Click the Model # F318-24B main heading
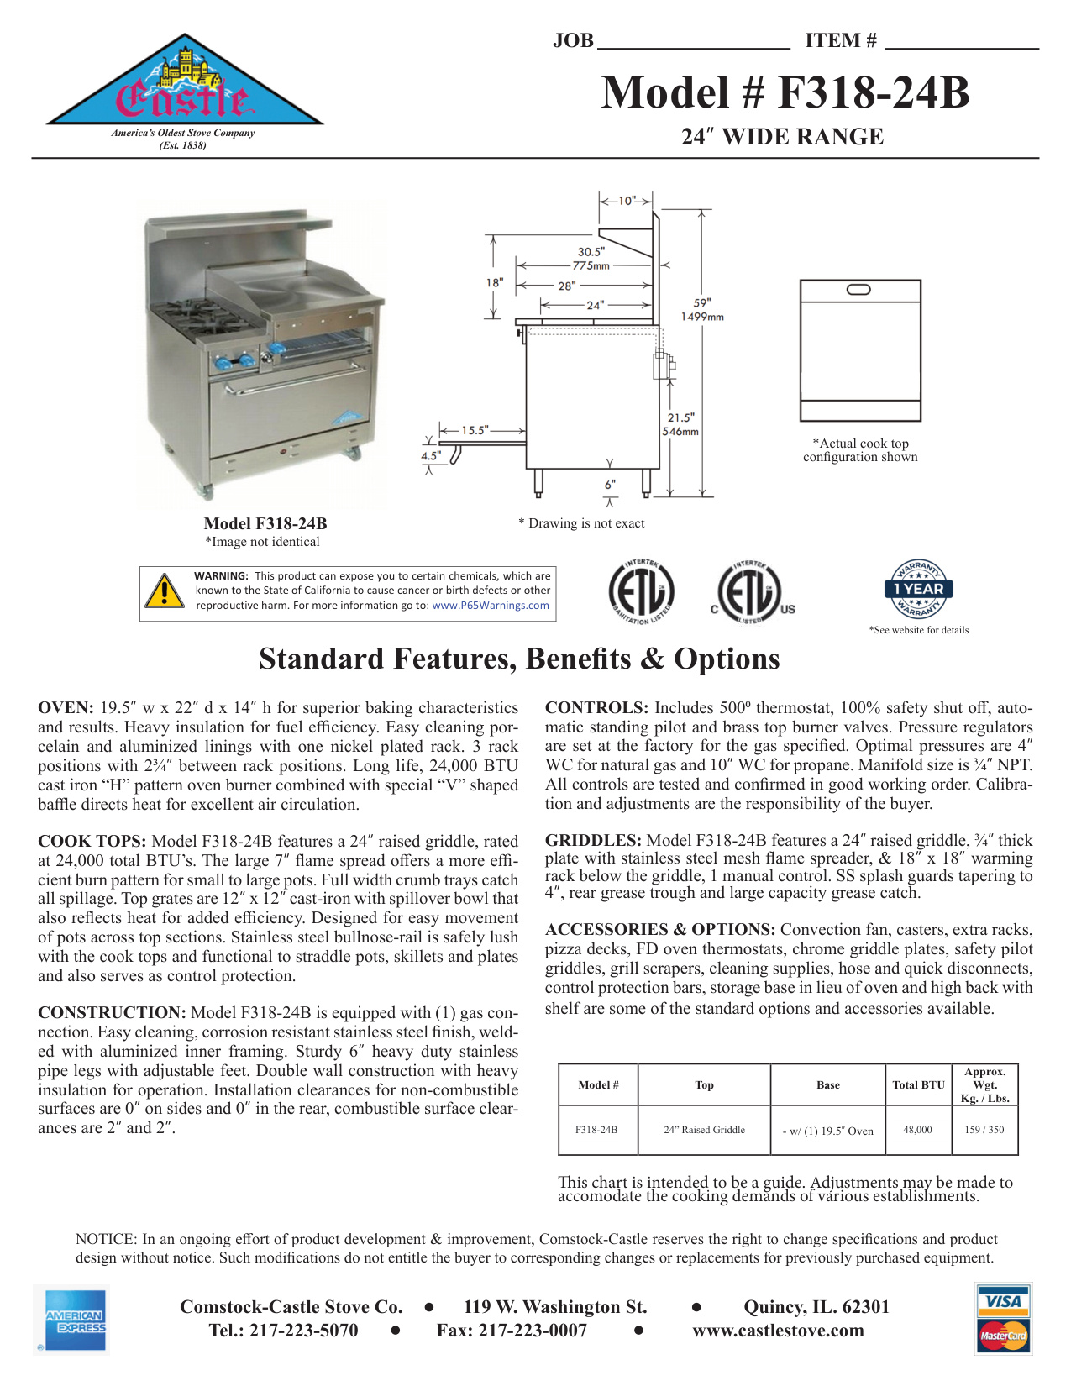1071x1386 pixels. [785, 92]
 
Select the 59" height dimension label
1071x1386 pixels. [702, 302]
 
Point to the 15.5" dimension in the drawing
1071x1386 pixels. [475, 430]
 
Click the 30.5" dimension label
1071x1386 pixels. [591, 251]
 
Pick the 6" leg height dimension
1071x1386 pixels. [610, 484]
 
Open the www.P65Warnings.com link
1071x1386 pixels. [491, 605]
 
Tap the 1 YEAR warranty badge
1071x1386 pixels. [918, 589]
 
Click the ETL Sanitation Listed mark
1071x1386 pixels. [640, 592]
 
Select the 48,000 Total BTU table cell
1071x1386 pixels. [917, 1130]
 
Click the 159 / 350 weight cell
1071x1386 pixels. [984, 1130]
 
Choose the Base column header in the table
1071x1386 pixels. [827, 1085]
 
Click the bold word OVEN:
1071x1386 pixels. [66, 708]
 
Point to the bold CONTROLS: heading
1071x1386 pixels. [596, 708]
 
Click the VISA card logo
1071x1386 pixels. [1004, 1301]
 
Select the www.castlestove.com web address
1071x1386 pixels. [778, 1331]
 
